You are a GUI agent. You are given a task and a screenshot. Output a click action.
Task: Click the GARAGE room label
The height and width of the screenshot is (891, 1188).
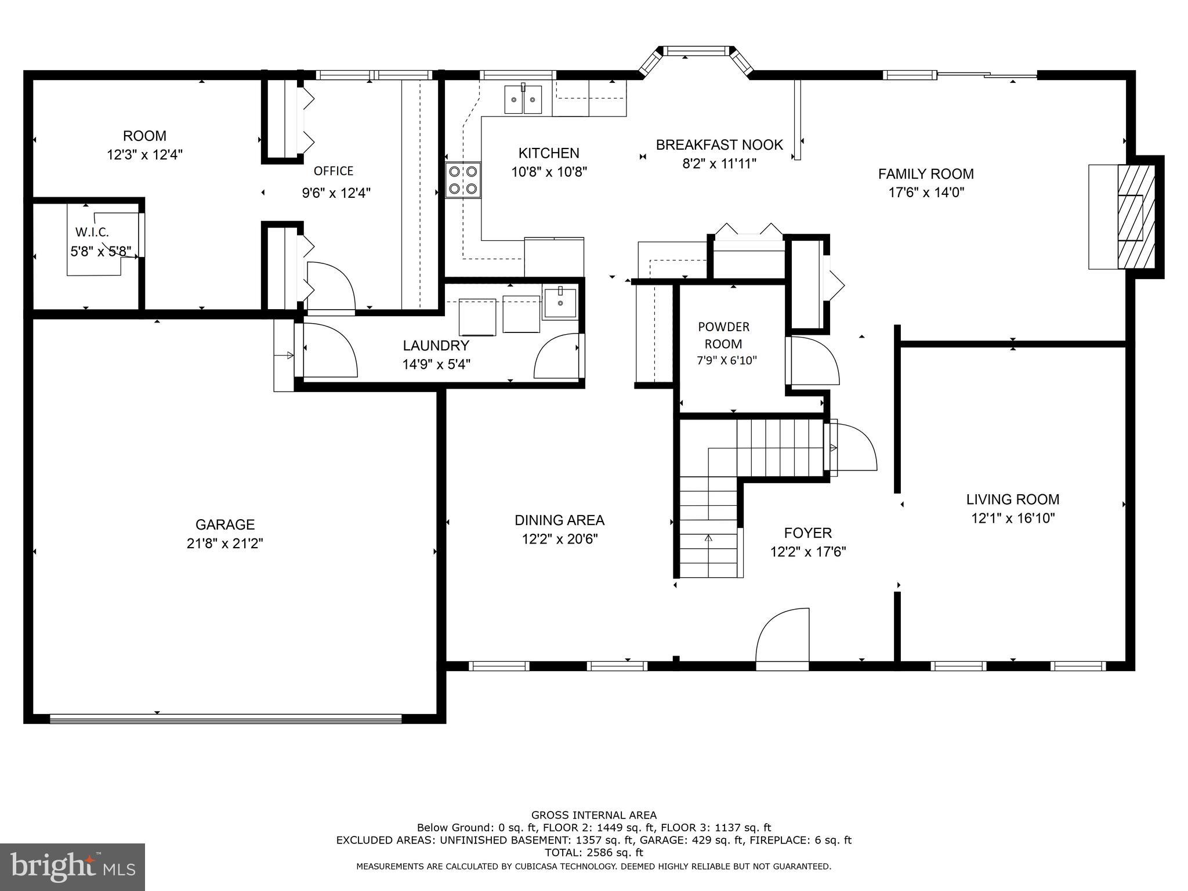(225, 524)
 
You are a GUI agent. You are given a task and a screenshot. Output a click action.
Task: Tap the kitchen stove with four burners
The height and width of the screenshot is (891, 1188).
(463, 180)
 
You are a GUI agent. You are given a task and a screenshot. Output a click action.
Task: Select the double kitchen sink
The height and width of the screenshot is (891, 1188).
(523, 99)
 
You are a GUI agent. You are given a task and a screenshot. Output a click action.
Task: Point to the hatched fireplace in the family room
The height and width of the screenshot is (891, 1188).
(1136, 216)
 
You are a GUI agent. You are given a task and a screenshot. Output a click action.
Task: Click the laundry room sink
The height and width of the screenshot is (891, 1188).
(560, 302)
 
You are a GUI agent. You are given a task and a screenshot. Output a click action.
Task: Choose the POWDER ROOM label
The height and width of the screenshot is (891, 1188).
(723, 335)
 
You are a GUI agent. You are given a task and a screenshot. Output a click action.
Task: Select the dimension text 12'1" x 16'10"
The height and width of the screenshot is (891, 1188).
(1013, 518)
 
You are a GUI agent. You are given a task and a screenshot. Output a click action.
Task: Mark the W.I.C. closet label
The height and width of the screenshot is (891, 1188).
(92, 232)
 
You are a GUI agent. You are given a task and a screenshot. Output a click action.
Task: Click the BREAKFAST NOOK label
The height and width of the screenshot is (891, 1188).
(719, 144)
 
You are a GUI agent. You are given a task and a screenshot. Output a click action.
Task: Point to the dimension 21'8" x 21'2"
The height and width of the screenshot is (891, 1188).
(225, 544)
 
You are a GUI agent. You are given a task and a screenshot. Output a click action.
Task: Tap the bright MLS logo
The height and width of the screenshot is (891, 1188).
(73, 867)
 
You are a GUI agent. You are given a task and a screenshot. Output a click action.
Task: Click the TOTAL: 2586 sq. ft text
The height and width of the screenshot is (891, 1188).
(594, 853)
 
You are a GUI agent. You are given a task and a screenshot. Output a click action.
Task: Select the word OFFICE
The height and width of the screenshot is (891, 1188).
(334, 171)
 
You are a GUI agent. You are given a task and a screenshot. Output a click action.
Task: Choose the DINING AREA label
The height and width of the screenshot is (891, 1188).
(559, 520)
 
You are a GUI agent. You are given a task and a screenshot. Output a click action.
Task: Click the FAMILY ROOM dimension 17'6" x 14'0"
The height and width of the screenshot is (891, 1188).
(926, 193)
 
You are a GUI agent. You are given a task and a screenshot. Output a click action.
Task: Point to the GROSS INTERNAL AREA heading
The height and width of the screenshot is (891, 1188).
(594, 815)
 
